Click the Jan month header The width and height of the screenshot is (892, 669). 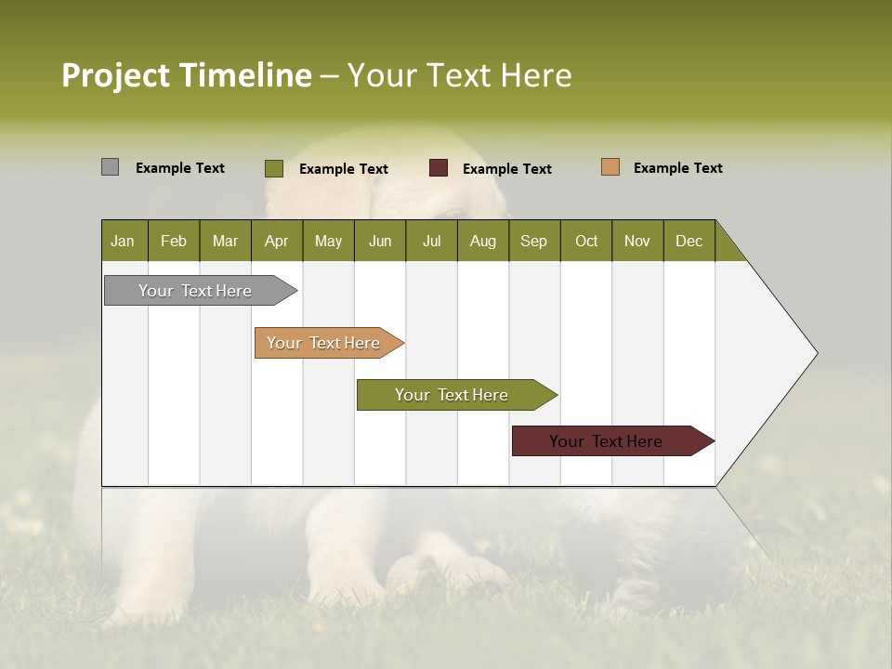coord(124,241)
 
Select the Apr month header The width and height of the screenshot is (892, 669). coord(277,241)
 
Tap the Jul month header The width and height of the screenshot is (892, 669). coord(431,241)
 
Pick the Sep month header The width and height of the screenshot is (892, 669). coord(534,241)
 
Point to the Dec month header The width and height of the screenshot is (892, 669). coord(689,241)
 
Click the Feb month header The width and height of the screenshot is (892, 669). coord(174,241)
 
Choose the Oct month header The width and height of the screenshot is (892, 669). coord(586,241)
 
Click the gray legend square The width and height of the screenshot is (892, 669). coord(110,167)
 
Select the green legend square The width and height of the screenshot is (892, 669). coord(273,168)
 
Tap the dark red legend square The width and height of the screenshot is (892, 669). coord(439,168)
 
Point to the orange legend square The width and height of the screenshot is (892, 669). coord(610,167)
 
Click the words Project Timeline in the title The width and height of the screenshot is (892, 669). coord(186,75)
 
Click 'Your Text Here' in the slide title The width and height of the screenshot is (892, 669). coord(459,75)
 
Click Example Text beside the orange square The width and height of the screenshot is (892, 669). coord(677,168)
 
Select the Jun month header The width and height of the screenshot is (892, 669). coord(380,241)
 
